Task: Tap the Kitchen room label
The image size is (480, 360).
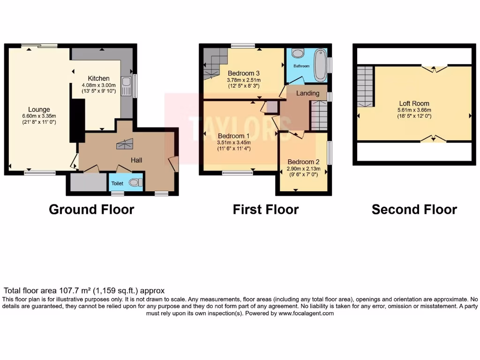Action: click(98, 78)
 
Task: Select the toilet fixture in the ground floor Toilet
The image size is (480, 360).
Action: click(135, 182)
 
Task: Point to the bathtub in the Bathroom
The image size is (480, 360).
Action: click(321, 65)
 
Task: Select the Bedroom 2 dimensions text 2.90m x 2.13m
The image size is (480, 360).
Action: click(302, 168)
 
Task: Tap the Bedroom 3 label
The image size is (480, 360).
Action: click(244, 74)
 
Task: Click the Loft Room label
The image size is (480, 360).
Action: click(414, 104)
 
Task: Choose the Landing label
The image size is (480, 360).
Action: click(307, 93)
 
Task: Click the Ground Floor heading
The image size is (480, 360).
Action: click(91, 210)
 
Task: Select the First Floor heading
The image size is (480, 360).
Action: click(265, 210)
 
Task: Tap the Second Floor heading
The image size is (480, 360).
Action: click(414, 210)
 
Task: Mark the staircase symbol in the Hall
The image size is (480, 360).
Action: click(125, 144)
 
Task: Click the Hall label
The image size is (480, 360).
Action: click(136, 160)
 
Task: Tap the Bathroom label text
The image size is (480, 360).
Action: click(301, 66)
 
